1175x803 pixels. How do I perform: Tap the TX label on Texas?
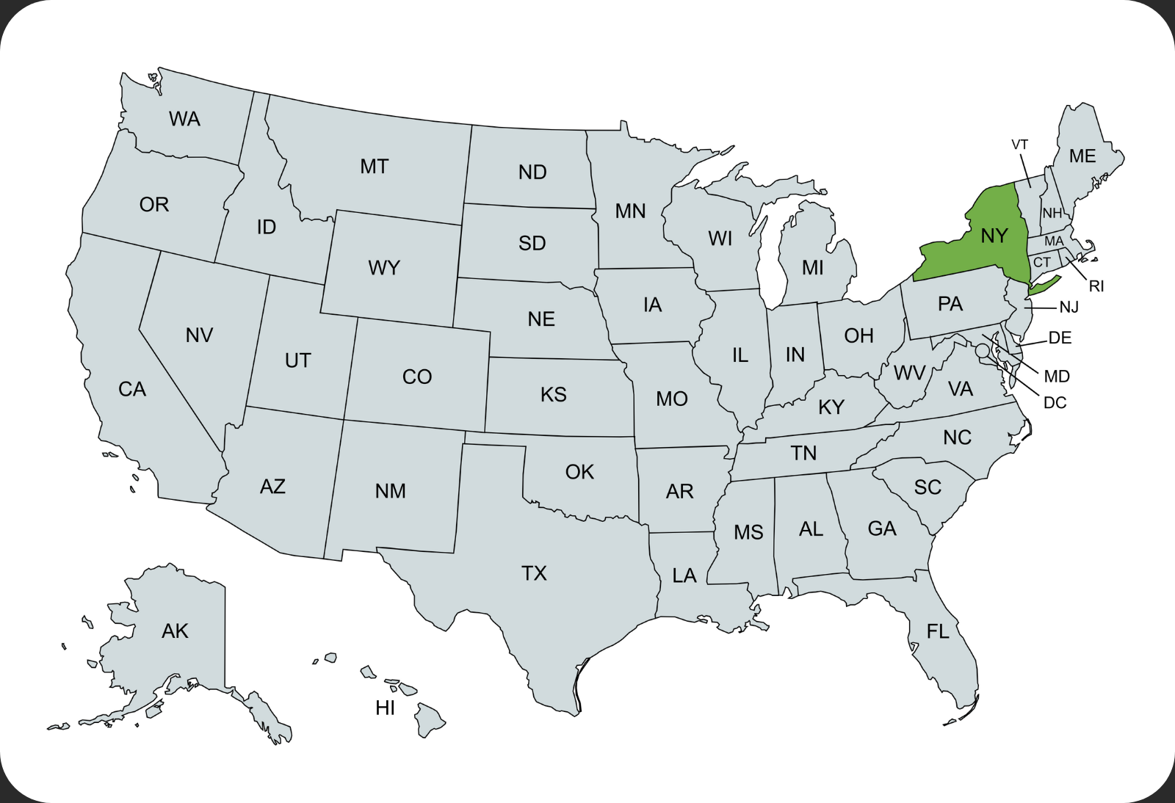[x=534, y=573]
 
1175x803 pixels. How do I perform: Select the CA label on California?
[x=132, y=389]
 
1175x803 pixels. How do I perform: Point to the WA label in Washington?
[x=184, y=119]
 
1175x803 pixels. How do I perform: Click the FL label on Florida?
[x=938, y=631]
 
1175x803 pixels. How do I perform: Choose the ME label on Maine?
[x=1082, y=156]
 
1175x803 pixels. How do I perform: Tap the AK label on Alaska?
[x=175, y=631]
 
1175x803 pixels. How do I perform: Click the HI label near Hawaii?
[x=385, y=708]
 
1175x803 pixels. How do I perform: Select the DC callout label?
[x=1055, y=403]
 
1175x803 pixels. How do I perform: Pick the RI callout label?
[x=1096, y=286]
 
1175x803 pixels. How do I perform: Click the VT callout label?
[x=1020, y=145]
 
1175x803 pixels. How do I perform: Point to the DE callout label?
[x=1060, y=338]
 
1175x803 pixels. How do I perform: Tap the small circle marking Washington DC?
[x=983, y=352]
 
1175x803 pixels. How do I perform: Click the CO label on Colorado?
[x=417, y=377]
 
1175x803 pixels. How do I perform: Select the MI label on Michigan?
[x=812, y=268]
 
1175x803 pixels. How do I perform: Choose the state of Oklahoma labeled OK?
[x=579, y=472]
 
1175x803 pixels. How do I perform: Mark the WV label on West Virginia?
[x=909, y=373]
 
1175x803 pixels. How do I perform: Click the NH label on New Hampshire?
[x=1052, y=213]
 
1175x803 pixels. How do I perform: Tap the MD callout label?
[x=1057, y=377]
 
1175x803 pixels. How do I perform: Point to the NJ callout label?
[x=1069, y=308]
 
